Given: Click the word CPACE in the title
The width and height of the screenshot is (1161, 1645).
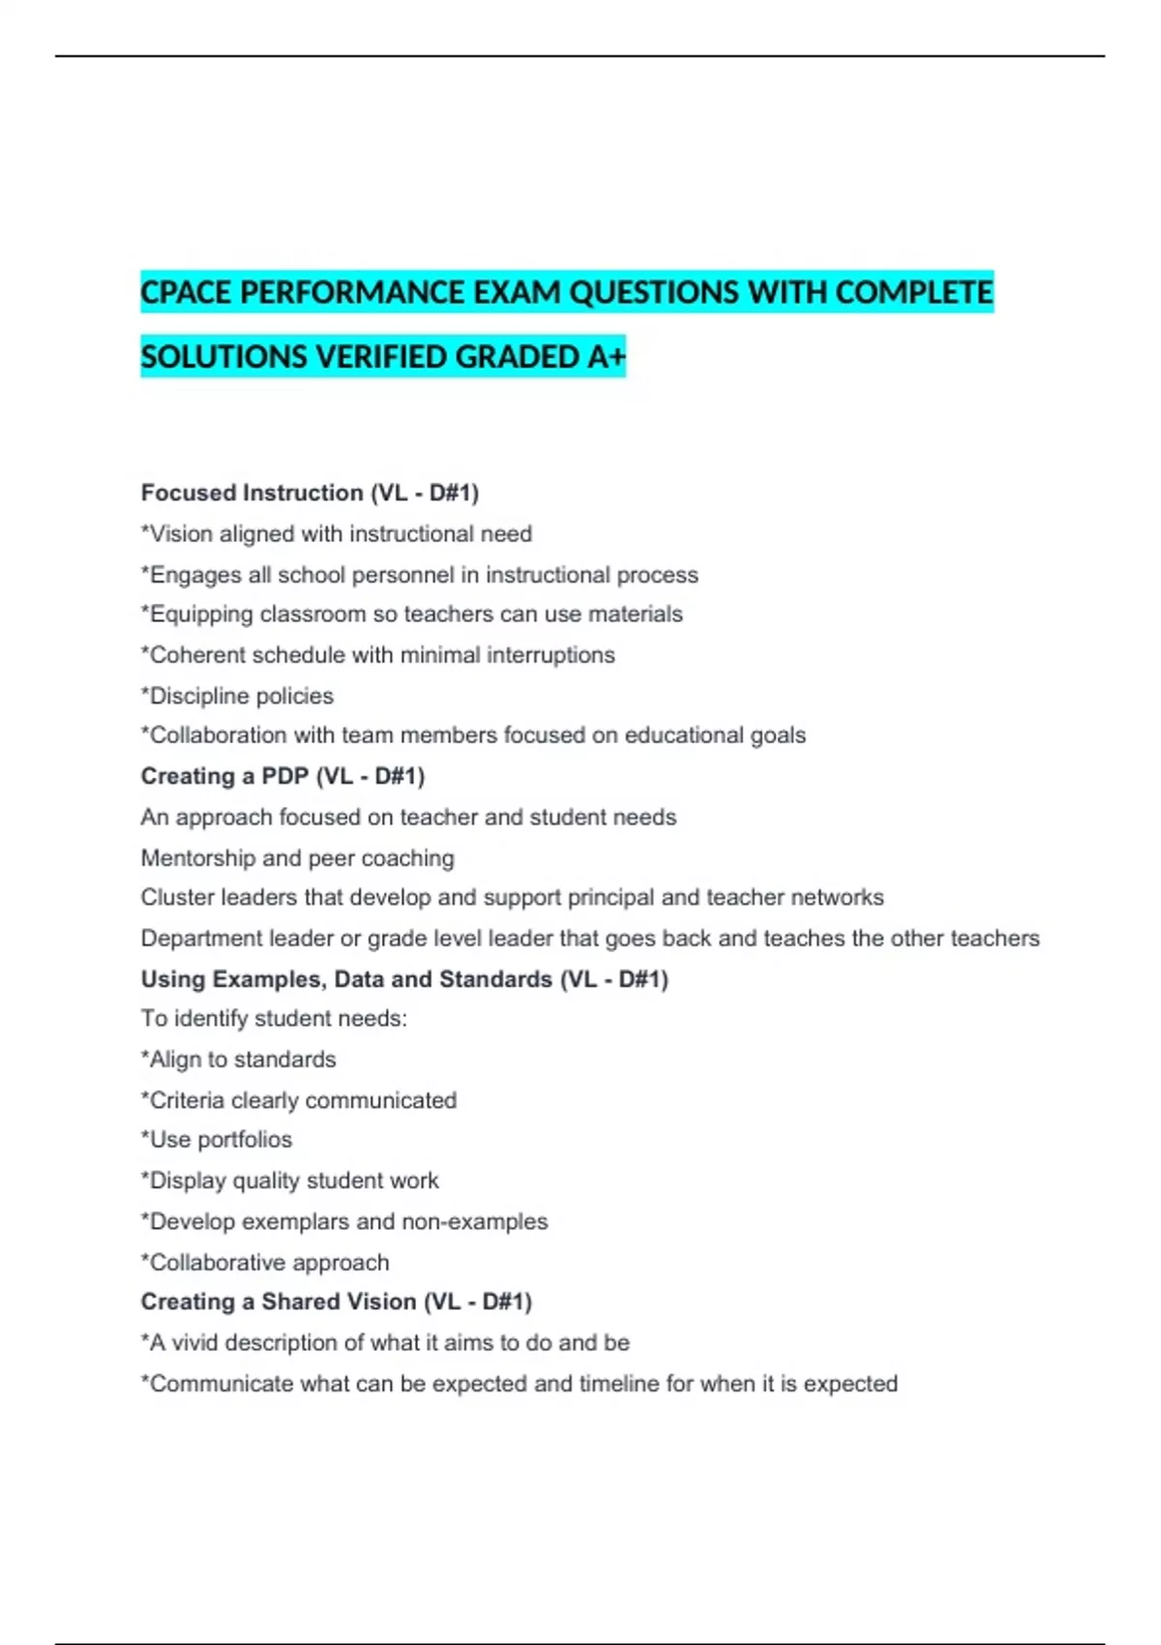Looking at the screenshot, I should point(186,292).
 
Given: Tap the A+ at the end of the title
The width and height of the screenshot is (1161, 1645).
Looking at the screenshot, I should point(606,357).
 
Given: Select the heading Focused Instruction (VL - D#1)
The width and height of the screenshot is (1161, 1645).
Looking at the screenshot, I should point(310,493).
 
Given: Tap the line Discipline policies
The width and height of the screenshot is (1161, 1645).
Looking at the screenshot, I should point(237,696).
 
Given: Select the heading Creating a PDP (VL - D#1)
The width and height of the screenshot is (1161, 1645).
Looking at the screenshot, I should point(283,776).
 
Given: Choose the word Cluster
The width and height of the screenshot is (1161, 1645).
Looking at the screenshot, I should point(177,898).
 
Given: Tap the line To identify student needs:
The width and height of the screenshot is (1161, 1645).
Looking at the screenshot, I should point(274,1019).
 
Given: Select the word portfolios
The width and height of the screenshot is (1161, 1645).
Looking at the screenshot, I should point(244,1140).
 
